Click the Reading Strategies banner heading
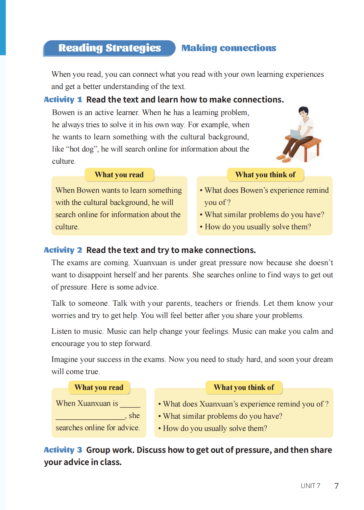(x=110, y=48)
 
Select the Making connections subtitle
(x=229, y=48)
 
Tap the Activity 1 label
(x=63, y=99)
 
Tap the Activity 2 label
(x=63, y=250)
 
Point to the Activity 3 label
(x=63, y=450)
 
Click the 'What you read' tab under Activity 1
(x=119, y=175)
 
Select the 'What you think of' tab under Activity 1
(x=265, y=175)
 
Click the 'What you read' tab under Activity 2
(x=99, y=387)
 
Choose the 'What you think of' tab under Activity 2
(x=244, y=387)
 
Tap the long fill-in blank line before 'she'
(x=91, y=418)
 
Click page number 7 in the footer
(x=336, y=486)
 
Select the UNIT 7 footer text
(x=311, y=486)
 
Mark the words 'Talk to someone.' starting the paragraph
(x=80, y=303)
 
